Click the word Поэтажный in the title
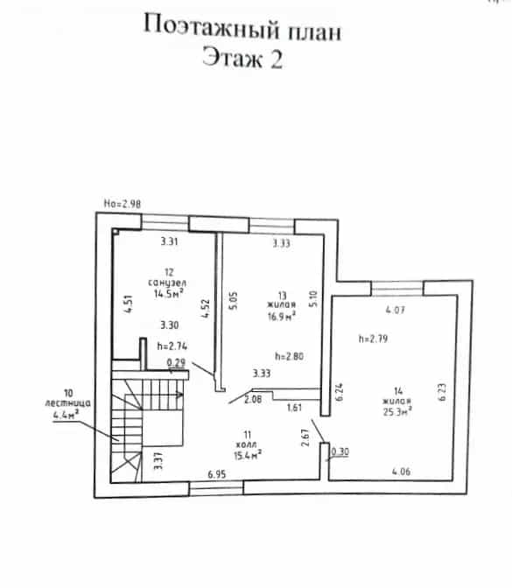tap(211, 28)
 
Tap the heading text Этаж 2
tap(242, 58)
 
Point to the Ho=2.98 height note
tap(123, 204)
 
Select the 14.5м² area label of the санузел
tap(168, 293)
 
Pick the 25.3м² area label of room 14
tap(397, 411)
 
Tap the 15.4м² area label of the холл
tap(247, 455)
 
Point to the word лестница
tap(67, 403)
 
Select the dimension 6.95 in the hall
tap(217, 474)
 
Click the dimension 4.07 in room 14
tap(396, 310)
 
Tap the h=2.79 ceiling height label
tap(373, 339)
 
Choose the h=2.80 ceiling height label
tap(289, 356)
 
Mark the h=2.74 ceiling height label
tap(172, 346)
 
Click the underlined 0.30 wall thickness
tap(340, 451)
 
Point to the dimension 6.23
tap(443, 392)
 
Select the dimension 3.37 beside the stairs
tap(158, 461)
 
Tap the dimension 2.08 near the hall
tap(253, 399)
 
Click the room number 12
tap(169, 272)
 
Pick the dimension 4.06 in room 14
tap(402, 472)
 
